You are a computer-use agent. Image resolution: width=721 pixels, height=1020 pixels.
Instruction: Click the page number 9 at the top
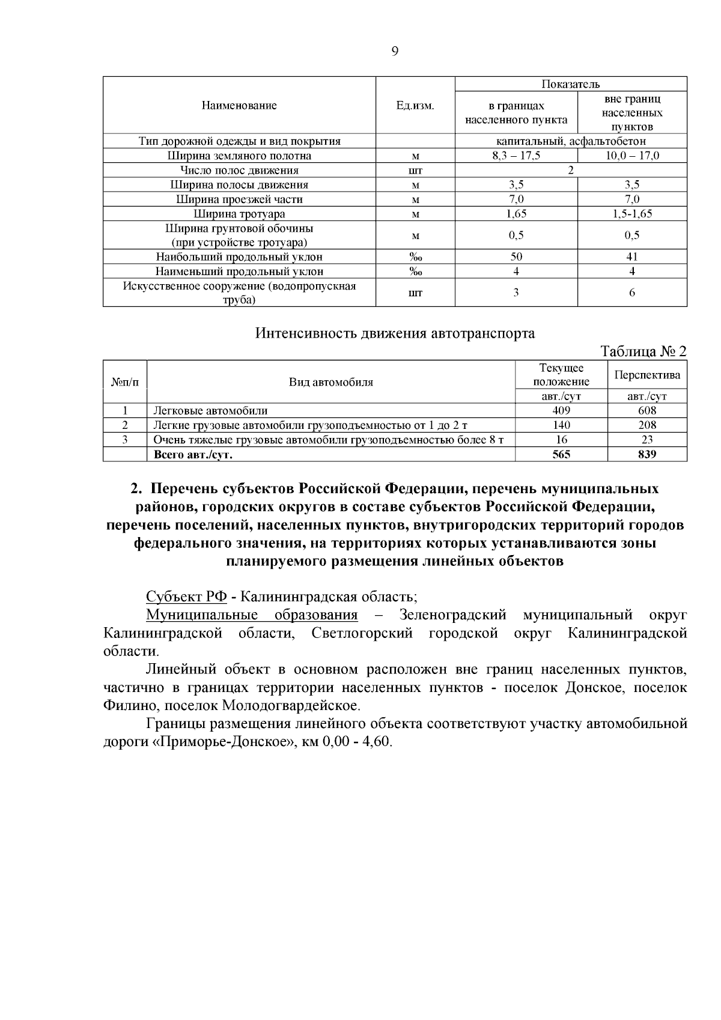395,52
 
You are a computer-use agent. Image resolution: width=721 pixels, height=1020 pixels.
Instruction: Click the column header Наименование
239,106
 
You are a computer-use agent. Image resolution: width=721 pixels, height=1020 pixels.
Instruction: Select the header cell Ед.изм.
415,106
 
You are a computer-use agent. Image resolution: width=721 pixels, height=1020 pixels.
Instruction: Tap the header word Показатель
571,84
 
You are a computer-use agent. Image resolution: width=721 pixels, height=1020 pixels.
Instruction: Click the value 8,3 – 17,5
516,156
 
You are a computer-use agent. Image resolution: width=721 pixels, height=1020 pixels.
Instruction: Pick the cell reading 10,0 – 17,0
632,156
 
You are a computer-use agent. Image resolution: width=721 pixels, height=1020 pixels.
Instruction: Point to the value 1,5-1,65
632,214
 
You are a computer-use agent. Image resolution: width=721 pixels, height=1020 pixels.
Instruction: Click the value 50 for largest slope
516,257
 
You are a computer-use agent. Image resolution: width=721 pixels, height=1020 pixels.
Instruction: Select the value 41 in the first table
632,257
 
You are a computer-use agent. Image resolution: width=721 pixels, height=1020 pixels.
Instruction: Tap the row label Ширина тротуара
239,214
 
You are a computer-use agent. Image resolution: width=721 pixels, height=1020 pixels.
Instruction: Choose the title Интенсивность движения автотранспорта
395,333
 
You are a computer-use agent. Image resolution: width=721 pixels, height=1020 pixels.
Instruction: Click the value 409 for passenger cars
561,411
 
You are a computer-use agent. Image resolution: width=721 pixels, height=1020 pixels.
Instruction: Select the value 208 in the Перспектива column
647,425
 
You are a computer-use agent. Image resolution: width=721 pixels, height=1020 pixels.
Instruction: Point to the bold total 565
561,455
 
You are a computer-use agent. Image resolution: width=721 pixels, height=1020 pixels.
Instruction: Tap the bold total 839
647,455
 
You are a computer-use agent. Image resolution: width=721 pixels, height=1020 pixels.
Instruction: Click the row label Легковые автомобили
210,411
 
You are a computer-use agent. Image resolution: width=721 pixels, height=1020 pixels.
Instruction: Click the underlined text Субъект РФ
186,597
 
